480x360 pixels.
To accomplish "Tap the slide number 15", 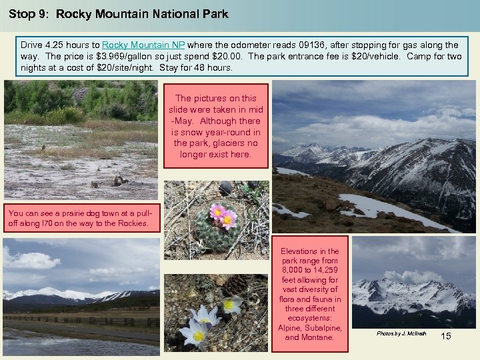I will point(446,336).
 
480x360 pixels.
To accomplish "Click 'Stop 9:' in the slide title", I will point(29,13).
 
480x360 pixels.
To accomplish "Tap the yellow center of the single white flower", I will point(229,304).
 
